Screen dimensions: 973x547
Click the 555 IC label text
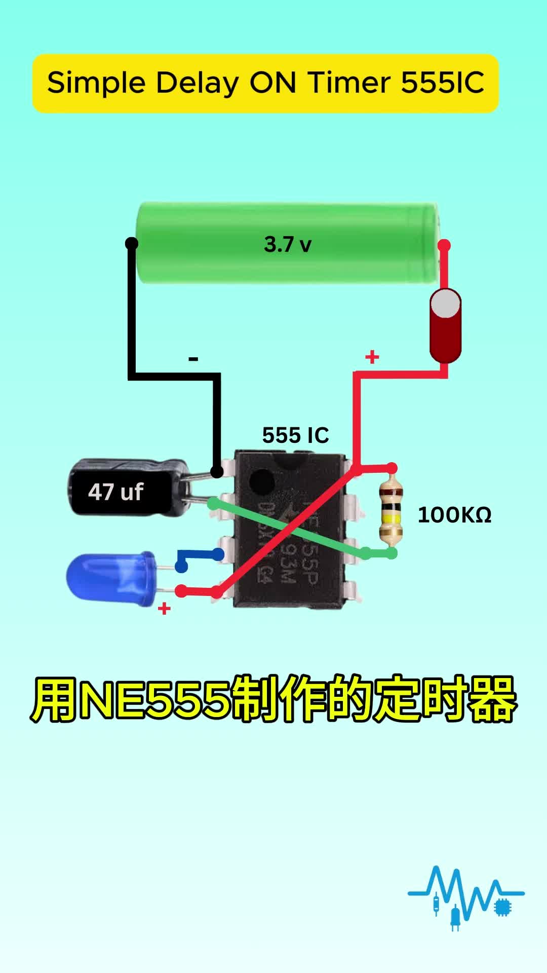click(295, 435)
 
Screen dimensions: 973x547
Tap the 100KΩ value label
click(454, 515)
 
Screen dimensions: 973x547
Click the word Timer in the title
click(349, 83)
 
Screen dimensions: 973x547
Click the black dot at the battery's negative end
click(131, 243)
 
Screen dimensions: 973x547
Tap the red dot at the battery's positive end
click(444, 246)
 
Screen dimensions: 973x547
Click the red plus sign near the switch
click(372, 357)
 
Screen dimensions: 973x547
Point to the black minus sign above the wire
click(193, 359)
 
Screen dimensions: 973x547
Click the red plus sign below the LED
click(164, 608)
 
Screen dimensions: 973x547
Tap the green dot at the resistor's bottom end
click(392, 553)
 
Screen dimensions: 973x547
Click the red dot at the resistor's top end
click(392, 468)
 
